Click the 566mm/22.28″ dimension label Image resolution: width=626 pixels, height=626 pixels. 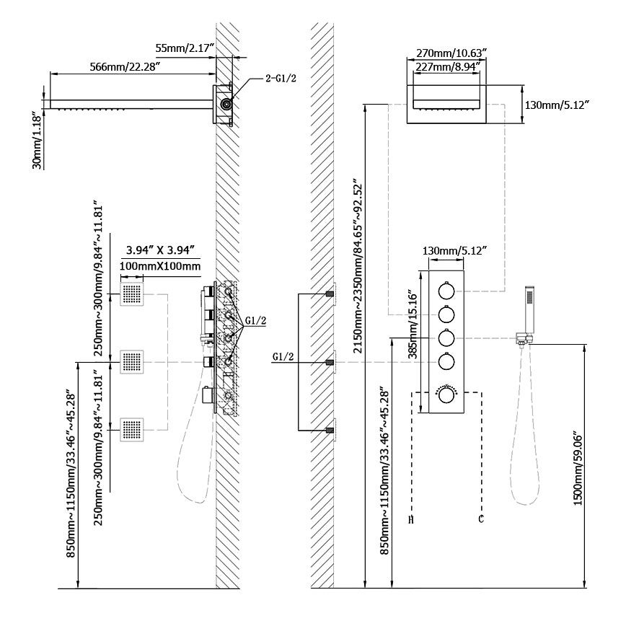click(x=125, y=66)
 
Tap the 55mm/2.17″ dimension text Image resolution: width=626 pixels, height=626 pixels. click(x=185, y=48)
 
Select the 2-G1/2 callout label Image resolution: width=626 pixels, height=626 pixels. click(x=281, y=78)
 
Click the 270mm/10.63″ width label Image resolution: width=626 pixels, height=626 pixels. click(x=451, y=53)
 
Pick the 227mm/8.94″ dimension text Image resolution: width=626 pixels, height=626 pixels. click(x=448, y=66)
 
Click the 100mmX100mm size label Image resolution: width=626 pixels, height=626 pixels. click(x=160, y=266)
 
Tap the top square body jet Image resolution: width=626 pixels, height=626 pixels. click(x=132, y=294)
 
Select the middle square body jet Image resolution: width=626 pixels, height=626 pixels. click(x=132, y=362)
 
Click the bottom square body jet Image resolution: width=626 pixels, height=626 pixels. click(x=132, y=430)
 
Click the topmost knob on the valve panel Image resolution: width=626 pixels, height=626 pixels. click(x=446, y=291)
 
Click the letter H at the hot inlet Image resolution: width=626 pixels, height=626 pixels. click(x=411, y=519)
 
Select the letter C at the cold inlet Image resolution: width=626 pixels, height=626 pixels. click(x=480, y=519)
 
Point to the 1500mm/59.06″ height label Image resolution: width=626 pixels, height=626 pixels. click(x=578, y=468)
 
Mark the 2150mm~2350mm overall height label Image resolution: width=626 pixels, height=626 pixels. click(x=358, y=268)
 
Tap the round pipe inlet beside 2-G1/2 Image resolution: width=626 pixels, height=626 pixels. click(x=226, y=105)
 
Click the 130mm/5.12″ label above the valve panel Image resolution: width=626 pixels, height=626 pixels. click(x=455, y=251)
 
